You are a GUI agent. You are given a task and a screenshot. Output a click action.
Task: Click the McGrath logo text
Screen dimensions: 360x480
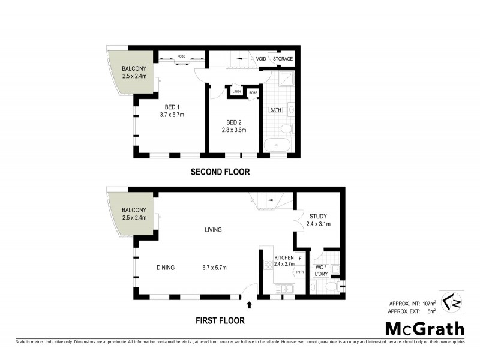pyautogui.click(x=424, y=328)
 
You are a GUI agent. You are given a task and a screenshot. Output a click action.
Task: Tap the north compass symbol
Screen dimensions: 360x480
pyautogui.click(x=453, y=302)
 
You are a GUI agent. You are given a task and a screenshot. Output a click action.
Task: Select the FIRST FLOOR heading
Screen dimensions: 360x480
pyautogui.click(x=220, y=320)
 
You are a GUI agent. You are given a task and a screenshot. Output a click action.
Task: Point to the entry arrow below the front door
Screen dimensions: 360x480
pyautogui.click(x=249, y=305)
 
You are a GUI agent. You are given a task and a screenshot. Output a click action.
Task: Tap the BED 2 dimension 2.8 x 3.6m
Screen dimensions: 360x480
pyautogui.click(x=234, y=130)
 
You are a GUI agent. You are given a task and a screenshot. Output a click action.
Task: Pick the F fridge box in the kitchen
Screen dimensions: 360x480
pyautogui.click(x=299, y=258)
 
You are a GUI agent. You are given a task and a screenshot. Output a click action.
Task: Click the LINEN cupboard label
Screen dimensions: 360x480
pyautogui.click(x=236, y=92)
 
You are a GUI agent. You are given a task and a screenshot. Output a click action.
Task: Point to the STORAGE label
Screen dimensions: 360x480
pyautogui.click(x=283, y=59)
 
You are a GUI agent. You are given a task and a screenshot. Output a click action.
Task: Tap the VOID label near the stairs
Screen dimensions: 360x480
pyautogui.click(x=261, y=59)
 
